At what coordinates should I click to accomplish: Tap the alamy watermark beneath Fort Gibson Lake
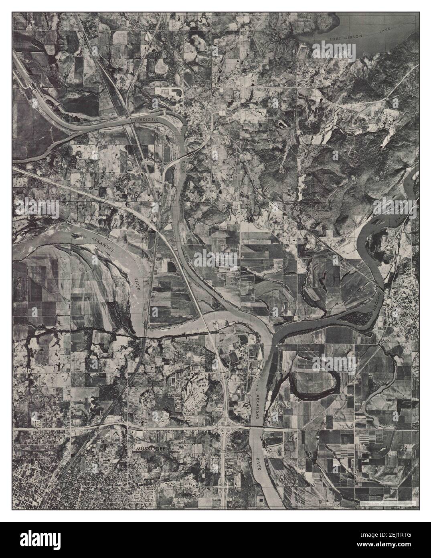tap(334, 51)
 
